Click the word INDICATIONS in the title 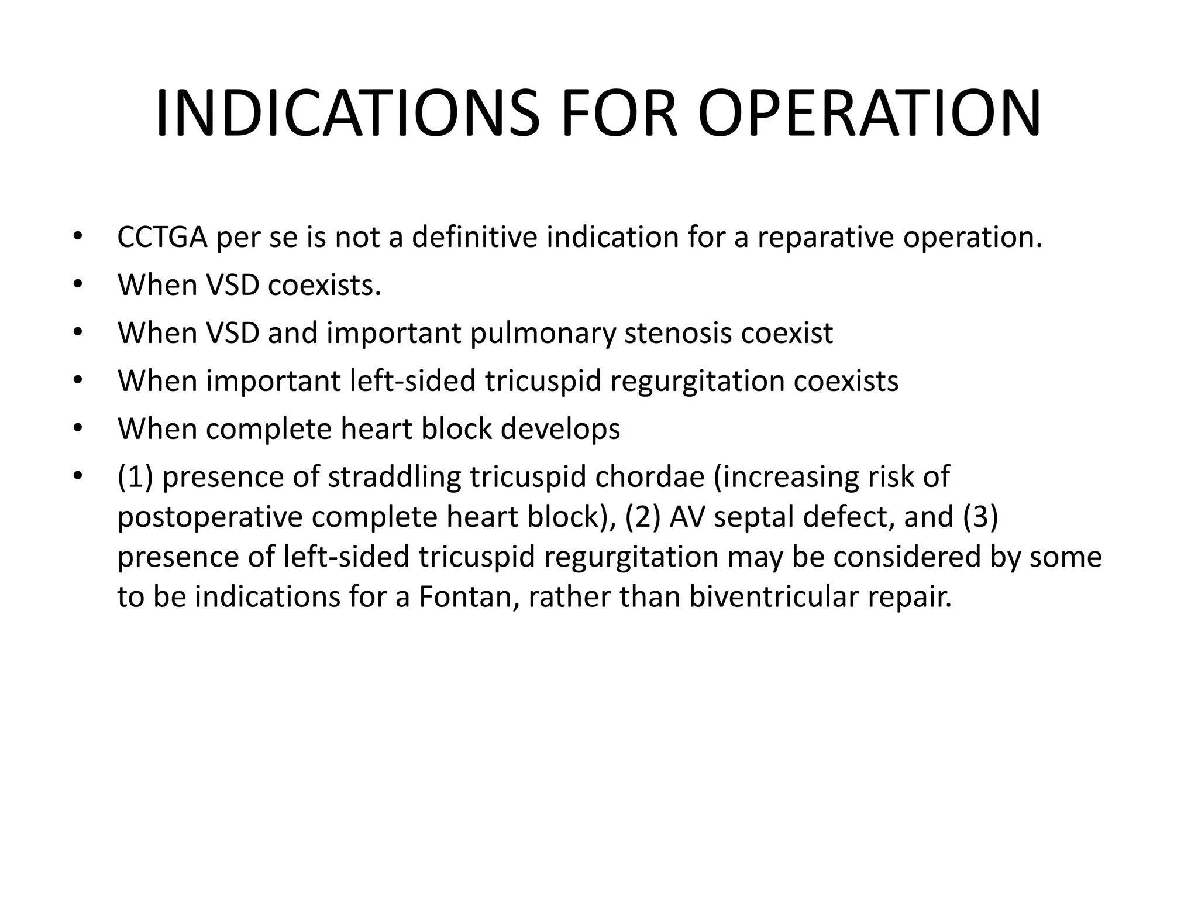pos(347,114)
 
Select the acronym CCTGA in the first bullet pos(162,237)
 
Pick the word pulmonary pos(543,333)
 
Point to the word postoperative pos(209,517)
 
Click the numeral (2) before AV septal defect pos(643,517)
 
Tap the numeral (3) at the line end pos(980,517)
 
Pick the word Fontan pos(469,596)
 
